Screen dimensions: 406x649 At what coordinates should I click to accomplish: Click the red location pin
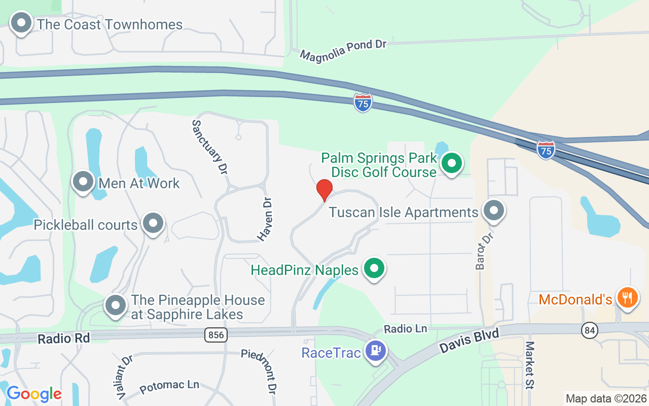click(x=324, y=190)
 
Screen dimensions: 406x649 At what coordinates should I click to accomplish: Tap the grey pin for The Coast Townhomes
click(x=22, y=24)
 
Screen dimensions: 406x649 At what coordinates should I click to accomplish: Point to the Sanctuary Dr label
click(x=209, y=147)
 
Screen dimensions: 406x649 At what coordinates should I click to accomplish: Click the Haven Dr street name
click(x=266, y=219)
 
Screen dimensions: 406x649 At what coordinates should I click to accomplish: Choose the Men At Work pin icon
click(x=83, y=182)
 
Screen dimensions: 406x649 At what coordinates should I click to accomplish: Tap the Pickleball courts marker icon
click(x=153, y=223)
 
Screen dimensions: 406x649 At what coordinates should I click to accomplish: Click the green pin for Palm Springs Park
click(x=451, y=163)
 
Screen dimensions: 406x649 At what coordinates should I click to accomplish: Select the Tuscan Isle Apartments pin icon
click(x=493, y=211)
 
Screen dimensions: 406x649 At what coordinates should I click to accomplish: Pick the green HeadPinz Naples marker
click(x=375, y=268)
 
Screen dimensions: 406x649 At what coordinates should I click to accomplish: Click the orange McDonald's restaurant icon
click(x=628, y=297)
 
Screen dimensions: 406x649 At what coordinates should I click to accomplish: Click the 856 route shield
click(x=217, y=335)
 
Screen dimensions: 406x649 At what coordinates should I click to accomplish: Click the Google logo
click(x=34, y=394)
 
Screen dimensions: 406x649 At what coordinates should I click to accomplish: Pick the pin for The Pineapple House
click(x=115, y=306)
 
